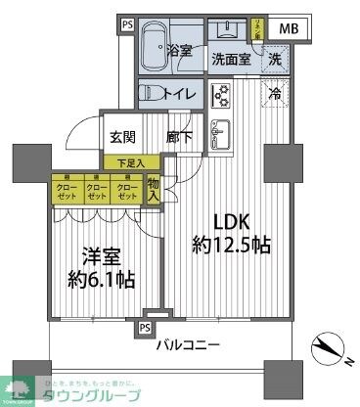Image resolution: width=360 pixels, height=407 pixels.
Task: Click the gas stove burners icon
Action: [220, 95]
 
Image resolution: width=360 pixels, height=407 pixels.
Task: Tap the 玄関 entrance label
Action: [122, 138]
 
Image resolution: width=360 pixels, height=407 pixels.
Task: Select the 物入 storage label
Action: [154, 188]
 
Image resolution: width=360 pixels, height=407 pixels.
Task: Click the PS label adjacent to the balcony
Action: [145, 327]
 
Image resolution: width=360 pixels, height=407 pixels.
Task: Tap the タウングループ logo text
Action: [92, 393]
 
